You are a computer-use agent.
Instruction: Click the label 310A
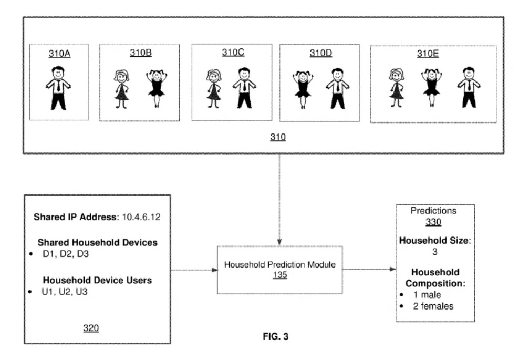tap(59, 54)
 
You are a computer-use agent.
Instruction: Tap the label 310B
tap(141, 53)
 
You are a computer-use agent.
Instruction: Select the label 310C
tap(233, 53)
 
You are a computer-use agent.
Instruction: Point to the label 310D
tap(321, 53)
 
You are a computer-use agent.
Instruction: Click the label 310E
tap(428, 54)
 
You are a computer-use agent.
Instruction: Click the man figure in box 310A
tap(58, 88)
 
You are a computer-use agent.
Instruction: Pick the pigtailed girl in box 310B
tap(157, 88)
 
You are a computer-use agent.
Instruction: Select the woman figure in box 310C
tap(213, 89)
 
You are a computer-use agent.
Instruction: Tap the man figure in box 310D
tap(338, 88)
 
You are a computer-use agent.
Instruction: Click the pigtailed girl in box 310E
tap(432, 88)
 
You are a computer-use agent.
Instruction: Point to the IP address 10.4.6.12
tap(141, 217)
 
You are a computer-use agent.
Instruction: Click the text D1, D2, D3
tap(66, 254)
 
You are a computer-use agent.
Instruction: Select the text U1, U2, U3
tap(65, 292)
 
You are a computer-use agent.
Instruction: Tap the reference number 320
tap(91, 328)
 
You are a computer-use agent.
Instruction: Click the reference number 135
tap(279, 275)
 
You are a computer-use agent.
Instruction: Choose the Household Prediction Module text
tap(279, 265)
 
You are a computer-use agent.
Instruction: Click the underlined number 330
tap(433, 222)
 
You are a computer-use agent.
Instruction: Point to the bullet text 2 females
tap(433, 306)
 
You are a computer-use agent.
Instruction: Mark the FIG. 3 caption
tap(276, 336)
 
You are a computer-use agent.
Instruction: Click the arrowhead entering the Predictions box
tap(393, 269)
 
